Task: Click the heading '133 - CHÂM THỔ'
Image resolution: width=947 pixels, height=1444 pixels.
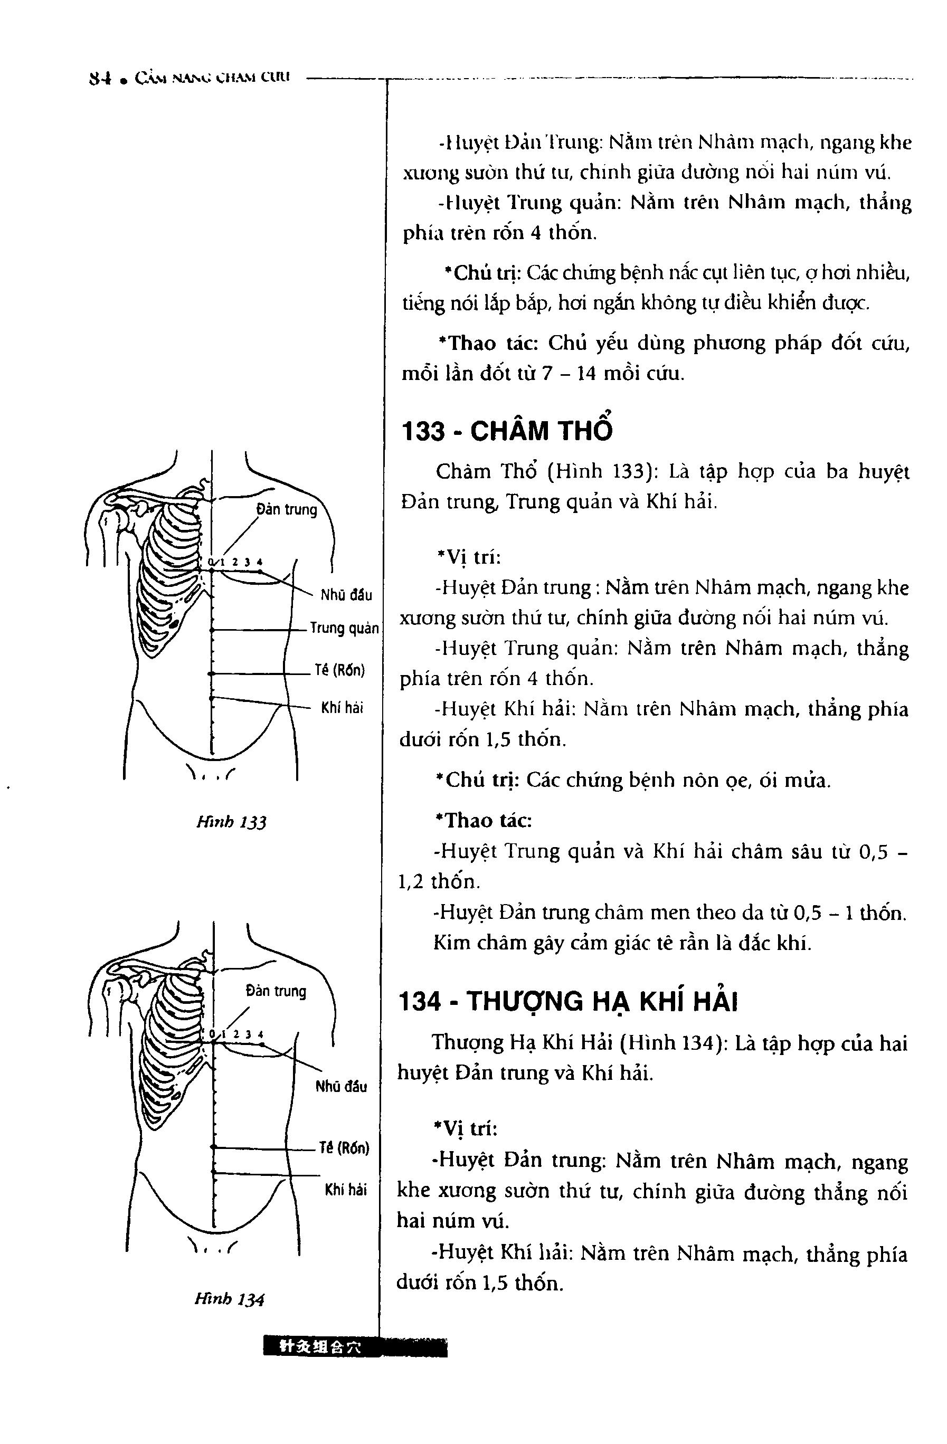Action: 507,430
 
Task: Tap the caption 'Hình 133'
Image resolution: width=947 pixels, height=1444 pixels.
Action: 231,822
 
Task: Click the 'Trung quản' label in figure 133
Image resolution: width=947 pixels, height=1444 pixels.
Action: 344,628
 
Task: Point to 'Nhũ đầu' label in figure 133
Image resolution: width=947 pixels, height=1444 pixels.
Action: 346,595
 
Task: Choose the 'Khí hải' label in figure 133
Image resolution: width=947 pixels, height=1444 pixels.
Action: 342,707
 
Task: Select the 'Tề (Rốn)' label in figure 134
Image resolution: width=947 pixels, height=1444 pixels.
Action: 344,1147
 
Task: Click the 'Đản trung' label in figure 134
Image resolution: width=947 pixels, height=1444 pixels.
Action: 276,991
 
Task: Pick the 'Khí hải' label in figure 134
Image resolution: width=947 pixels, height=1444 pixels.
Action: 345,1190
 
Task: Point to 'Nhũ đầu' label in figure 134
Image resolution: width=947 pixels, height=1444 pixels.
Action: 341,1086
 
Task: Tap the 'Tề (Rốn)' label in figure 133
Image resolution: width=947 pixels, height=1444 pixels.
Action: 340,670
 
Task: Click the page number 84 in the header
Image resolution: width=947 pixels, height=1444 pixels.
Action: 99,78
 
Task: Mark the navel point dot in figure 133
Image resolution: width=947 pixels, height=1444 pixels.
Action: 211,673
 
